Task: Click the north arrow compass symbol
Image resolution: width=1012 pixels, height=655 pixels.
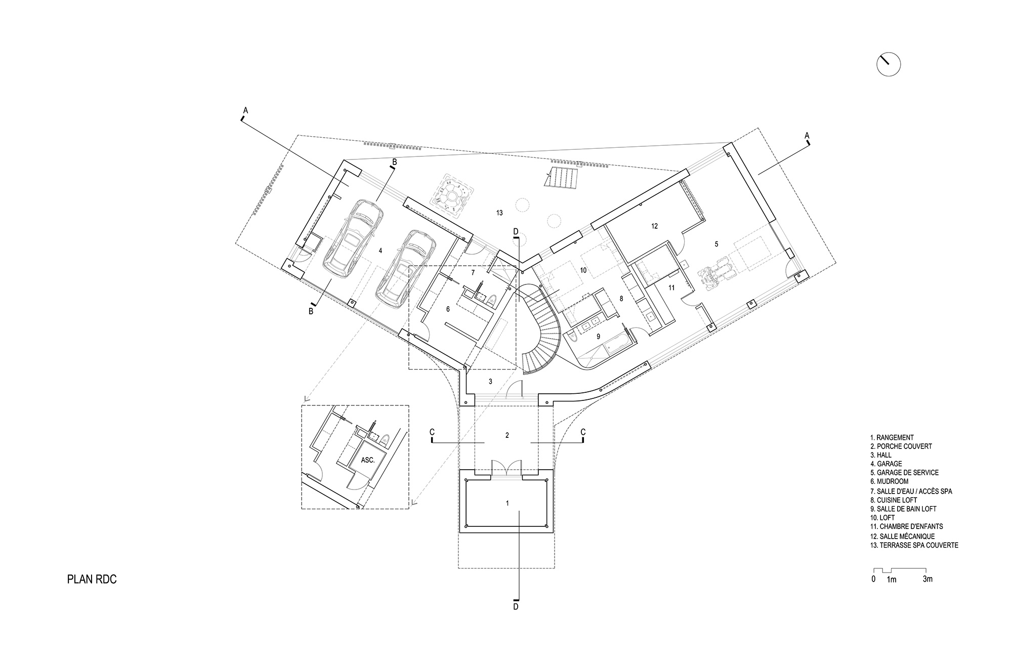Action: pos(889,65)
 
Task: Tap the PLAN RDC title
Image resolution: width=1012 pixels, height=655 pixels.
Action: pos(92,580)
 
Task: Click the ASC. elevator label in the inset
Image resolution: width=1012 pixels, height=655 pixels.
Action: pos(367,461)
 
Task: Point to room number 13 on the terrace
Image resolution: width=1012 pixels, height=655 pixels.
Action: pos(499,213)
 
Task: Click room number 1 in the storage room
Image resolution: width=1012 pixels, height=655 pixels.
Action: pos(508,503)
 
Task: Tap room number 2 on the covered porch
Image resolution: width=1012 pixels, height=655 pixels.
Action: pos(507,435)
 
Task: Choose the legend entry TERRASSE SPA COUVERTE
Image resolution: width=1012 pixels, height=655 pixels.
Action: pos(914,545)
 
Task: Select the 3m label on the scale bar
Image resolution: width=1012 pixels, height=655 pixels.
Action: pos(927,579)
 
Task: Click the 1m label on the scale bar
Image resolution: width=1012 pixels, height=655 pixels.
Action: pos(892,580)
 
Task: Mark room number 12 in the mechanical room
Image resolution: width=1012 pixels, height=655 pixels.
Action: pos(654,226)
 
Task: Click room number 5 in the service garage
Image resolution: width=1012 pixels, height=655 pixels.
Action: pos(716,244)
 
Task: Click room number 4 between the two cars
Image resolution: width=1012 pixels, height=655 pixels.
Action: pos(380,250)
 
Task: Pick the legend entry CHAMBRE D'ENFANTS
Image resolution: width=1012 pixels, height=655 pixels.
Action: pos(906,526)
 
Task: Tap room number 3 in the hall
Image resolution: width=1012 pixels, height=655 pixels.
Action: pos(490,381)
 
